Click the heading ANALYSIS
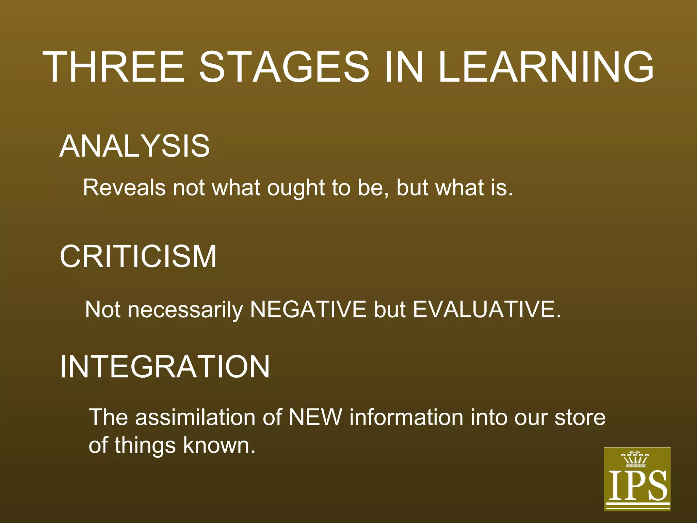134,146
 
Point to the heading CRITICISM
138,256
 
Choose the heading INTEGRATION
165,367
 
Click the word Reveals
124,188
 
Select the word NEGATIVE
308,310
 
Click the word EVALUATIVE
487,310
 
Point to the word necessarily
185,310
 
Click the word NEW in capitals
315,417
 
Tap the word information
406,417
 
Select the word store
580,418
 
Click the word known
219,445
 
